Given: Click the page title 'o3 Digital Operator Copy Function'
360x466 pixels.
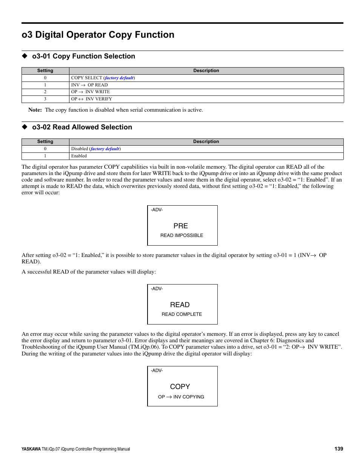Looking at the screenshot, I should click(98, 35).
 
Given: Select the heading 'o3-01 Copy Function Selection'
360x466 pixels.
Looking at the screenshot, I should click(83, 56).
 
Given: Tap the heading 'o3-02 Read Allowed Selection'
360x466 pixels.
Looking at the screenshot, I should click(82, 127).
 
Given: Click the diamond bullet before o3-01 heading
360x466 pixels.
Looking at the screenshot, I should click(25, 56).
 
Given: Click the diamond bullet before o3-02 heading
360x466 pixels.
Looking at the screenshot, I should click(25, 127).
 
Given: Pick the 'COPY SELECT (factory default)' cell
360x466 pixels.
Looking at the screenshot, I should click(103, 78).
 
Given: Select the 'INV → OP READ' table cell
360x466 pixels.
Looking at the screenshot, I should click(89, 85).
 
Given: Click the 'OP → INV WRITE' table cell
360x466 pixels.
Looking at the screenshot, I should click(91, 92).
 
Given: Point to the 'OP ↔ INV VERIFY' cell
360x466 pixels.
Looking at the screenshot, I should click(92, 99).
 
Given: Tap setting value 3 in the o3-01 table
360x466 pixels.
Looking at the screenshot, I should click(45, 99).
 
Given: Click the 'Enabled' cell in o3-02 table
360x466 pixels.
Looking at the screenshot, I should click(79, 156).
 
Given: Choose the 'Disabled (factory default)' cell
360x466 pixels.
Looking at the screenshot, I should click(96, 149).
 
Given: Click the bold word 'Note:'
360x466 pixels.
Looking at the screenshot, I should click(35, 110).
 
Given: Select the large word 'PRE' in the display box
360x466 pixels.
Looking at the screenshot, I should click(181, 226).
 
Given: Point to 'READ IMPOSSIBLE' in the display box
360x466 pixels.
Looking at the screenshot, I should click(182, 235).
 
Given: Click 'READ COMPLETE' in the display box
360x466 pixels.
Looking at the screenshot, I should click(182, 314).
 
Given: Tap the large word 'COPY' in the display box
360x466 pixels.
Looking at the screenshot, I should click(180, 387).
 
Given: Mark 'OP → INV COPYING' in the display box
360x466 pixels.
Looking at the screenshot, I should click(181, 397).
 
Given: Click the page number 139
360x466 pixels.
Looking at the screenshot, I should click(338, 449).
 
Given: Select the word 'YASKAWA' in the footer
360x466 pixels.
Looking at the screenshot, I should click(31, 449).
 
